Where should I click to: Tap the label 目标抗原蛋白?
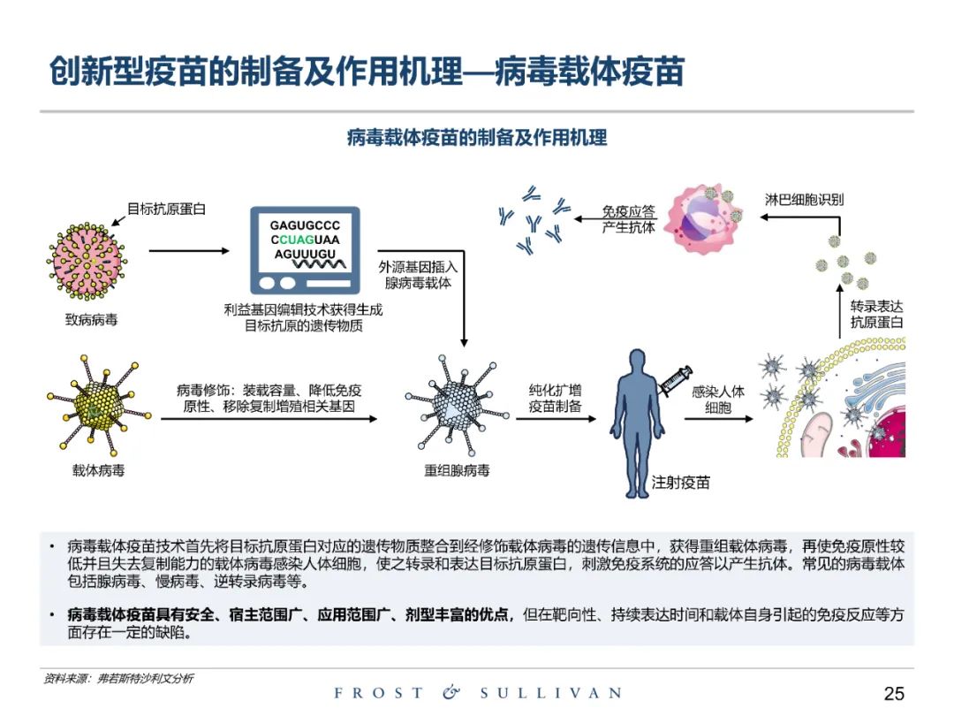pyautogui.click(x=166, y=209)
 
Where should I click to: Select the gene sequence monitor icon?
pyautogui.click(x=305, y=250)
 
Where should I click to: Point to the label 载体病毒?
pyautogui.click(x=98, y=470)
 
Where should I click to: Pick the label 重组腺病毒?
pyautogui.click(x=457, y=470)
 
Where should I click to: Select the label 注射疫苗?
pyautogui.click(x=680, y=483)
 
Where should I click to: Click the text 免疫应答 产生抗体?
pyautogui.click(x=629, y=219)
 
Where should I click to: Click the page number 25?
pyautogui.click(x=894, y=693)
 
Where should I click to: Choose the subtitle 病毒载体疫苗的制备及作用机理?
pyautogui.click(x=477, y=138)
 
